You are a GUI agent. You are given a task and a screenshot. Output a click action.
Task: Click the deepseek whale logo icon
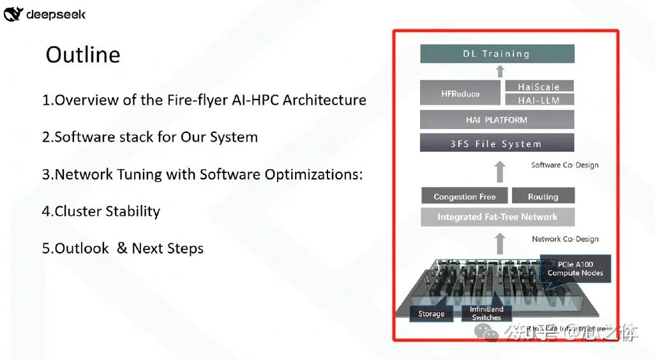point(13,14)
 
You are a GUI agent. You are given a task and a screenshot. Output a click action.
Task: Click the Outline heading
point(83,55)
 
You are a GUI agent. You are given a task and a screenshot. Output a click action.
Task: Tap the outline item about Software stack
point(150,137)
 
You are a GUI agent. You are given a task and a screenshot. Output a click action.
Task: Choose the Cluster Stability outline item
point(101,211)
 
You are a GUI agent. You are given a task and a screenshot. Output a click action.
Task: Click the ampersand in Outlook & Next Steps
point(121,248)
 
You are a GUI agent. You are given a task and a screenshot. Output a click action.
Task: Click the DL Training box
point(497,54)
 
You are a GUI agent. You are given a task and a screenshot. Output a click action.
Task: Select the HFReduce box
point(460,94)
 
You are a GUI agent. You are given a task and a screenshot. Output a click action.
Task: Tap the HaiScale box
point(539,87)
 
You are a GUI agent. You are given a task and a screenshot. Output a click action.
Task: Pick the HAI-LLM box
point(539,100)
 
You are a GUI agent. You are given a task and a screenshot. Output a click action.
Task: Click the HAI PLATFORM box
point(497,120)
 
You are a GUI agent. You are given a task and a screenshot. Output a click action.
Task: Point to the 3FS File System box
point(497,144)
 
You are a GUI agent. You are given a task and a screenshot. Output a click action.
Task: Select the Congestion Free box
point(464,197)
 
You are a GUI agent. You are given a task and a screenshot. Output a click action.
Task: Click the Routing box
point(543,197)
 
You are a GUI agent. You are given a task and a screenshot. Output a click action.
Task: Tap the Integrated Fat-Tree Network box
point(497,217)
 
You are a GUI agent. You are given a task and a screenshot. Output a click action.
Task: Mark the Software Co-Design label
point(565,165)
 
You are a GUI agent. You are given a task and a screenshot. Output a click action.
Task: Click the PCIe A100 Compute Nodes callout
point(575,268)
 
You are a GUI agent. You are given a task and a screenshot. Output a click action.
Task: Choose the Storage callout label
point(432,313)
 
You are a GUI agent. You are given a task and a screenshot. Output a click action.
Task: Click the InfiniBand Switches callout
point(487,313)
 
